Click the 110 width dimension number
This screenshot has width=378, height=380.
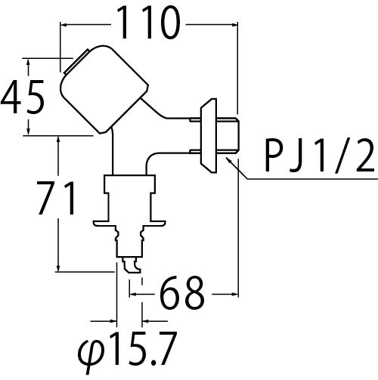149,23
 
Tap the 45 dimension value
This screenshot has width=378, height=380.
23,97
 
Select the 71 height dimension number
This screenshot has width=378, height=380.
56,199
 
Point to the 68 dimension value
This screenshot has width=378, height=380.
182,292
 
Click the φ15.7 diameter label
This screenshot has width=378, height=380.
127,351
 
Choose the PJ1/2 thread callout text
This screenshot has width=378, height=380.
320,155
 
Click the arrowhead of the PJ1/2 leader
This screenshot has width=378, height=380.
229,160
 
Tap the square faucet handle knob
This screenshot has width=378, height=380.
104,89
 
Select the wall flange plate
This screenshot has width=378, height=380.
209,135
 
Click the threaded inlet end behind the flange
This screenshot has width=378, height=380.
228,135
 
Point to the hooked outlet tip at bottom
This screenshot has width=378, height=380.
132,265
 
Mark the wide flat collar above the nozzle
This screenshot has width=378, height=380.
129,224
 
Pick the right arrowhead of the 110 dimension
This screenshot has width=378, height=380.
234,25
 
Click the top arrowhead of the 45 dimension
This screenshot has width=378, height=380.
29,63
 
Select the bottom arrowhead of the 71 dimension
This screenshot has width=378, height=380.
58,267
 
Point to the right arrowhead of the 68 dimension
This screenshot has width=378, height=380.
234,294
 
